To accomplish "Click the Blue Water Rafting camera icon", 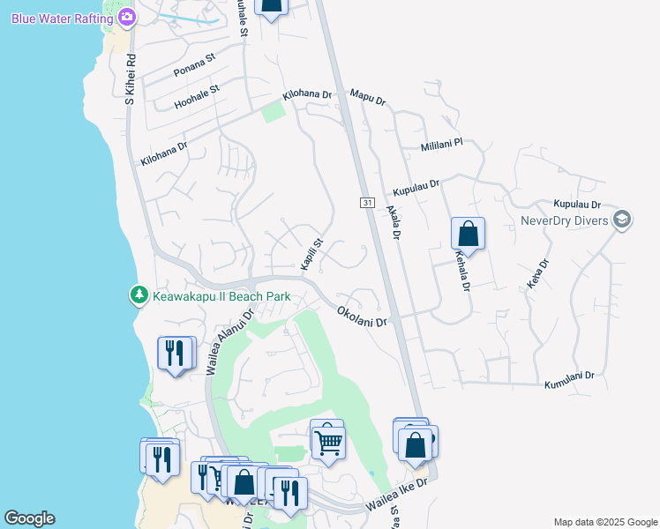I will tap(127, 17).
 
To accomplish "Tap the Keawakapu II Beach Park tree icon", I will tap(139, 296).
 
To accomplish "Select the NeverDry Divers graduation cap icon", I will tap(621, 220).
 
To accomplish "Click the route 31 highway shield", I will tap(367, 203).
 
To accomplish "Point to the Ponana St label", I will tap(194, 66).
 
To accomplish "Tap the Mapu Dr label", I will tap(368, 97).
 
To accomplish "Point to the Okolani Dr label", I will tap(362, 317).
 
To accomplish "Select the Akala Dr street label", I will tap(393, 223).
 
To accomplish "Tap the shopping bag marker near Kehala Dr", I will tap(468, 235).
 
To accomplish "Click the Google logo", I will tap(29, 518).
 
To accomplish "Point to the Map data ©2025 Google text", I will tap(605, 522).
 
